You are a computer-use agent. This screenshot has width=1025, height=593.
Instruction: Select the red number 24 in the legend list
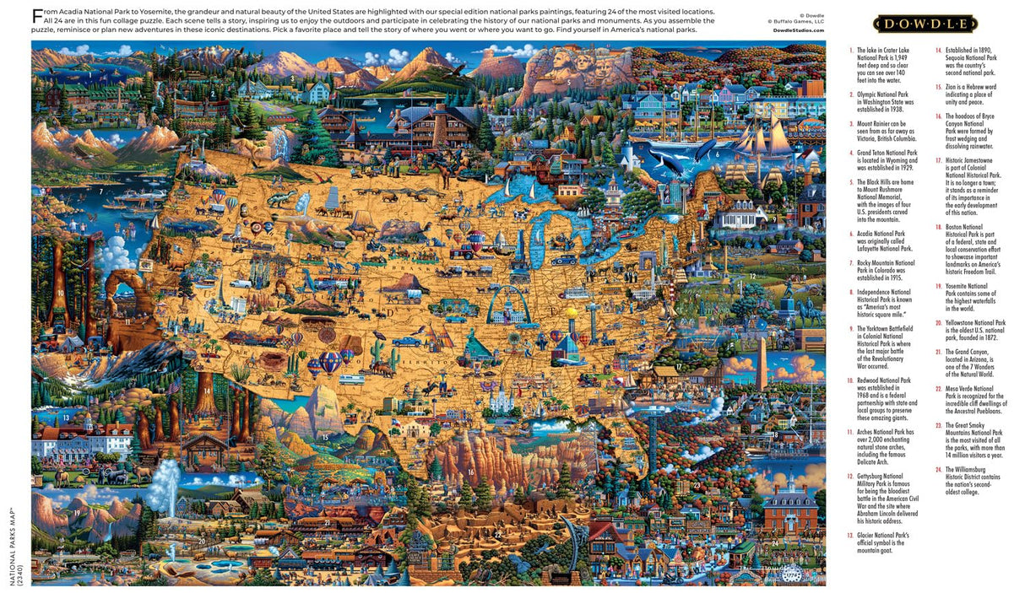938,468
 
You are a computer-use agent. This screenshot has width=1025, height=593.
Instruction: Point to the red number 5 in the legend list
851,181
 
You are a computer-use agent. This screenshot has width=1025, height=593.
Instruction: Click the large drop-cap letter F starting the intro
36,15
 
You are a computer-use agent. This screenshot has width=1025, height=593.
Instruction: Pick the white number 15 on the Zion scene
325,437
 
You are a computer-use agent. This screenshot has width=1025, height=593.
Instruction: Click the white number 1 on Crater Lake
89,73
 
